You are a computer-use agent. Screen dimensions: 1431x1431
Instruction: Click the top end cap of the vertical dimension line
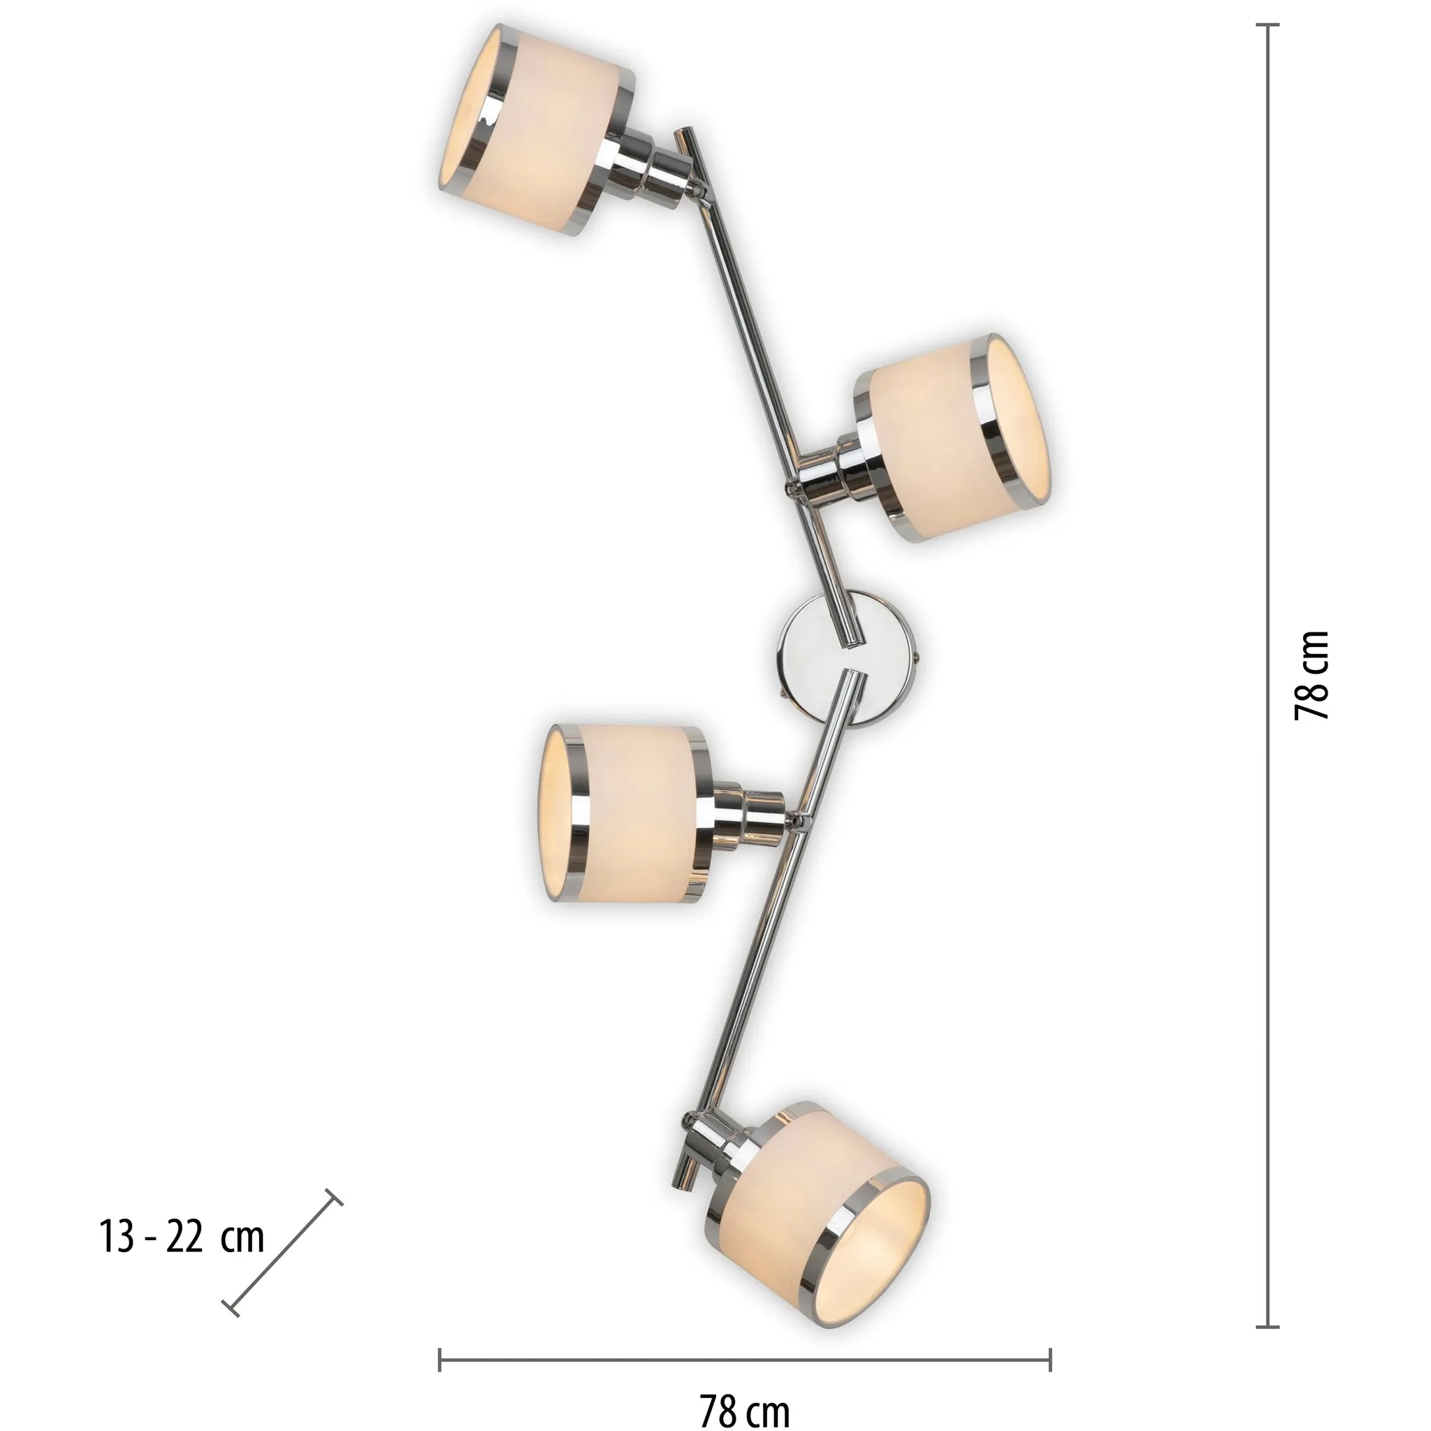[1267, 24]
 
